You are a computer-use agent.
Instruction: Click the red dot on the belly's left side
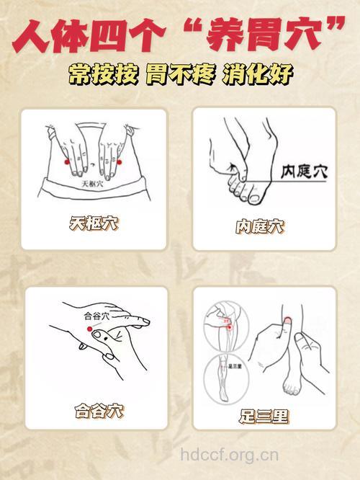[x=66, y=164]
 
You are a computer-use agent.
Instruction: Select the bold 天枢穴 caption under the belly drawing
[x=94, y=224]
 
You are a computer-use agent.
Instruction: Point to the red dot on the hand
[x=91, y=329]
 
